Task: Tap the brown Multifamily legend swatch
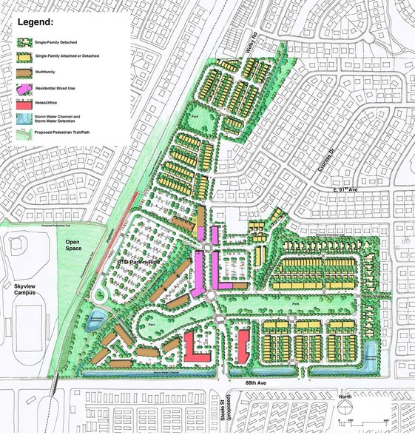[x=26, y=72]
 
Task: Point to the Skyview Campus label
[x=21, y=275]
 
